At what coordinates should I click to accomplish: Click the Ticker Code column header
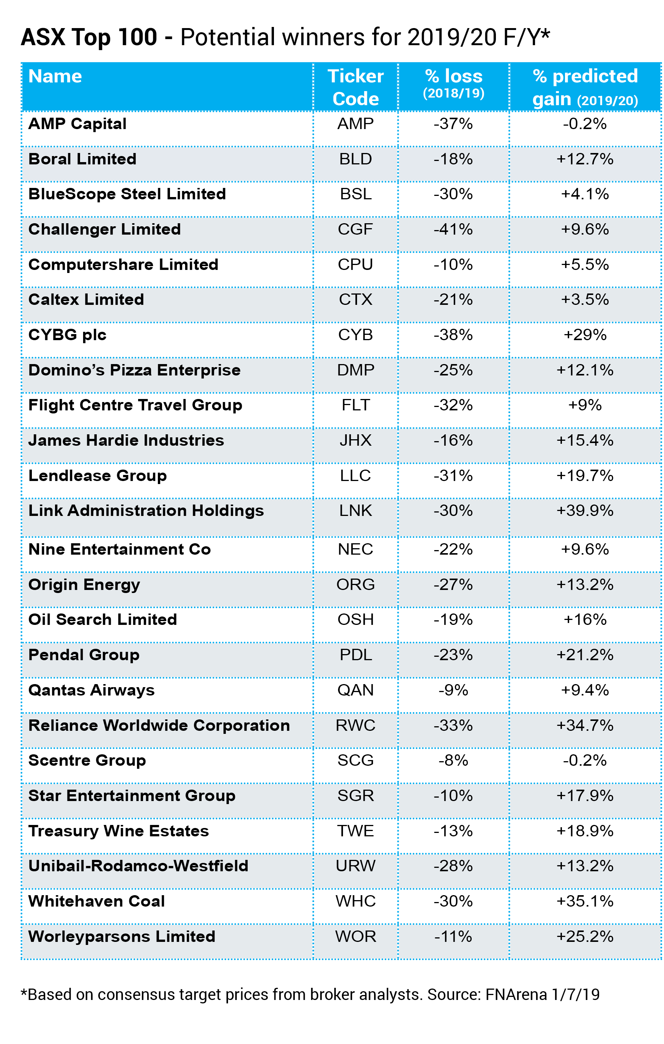(356, 87)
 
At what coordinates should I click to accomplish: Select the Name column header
(55, 76)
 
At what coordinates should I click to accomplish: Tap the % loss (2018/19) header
(453, 83)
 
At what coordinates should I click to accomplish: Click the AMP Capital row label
(77, 124)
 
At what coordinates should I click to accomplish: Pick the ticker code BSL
(356, 194)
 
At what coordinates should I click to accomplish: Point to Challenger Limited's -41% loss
(453, 229)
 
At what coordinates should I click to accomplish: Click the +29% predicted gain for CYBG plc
(585, 335)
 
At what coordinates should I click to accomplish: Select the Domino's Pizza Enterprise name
(134, 370)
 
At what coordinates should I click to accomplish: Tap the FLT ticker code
(356, 405)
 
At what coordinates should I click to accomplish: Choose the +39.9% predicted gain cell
(585, 511)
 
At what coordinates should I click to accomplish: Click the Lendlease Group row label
(98, 476)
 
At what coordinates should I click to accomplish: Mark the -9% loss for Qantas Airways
(453, 690)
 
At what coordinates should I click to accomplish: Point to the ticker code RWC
(356, 725)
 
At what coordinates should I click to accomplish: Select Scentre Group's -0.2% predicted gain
(585, 760)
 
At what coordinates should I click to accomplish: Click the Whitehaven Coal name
(97, 901)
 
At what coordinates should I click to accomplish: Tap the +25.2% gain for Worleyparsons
(585, 937)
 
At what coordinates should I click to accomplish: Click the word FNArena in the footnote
(516, 995)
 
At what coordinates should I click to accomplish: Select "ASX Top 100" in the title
(89, 37)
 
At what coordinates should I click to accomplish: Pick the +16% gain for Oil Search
(585, 620)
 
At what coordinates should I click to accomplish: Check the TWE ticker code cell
(356, 831)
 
